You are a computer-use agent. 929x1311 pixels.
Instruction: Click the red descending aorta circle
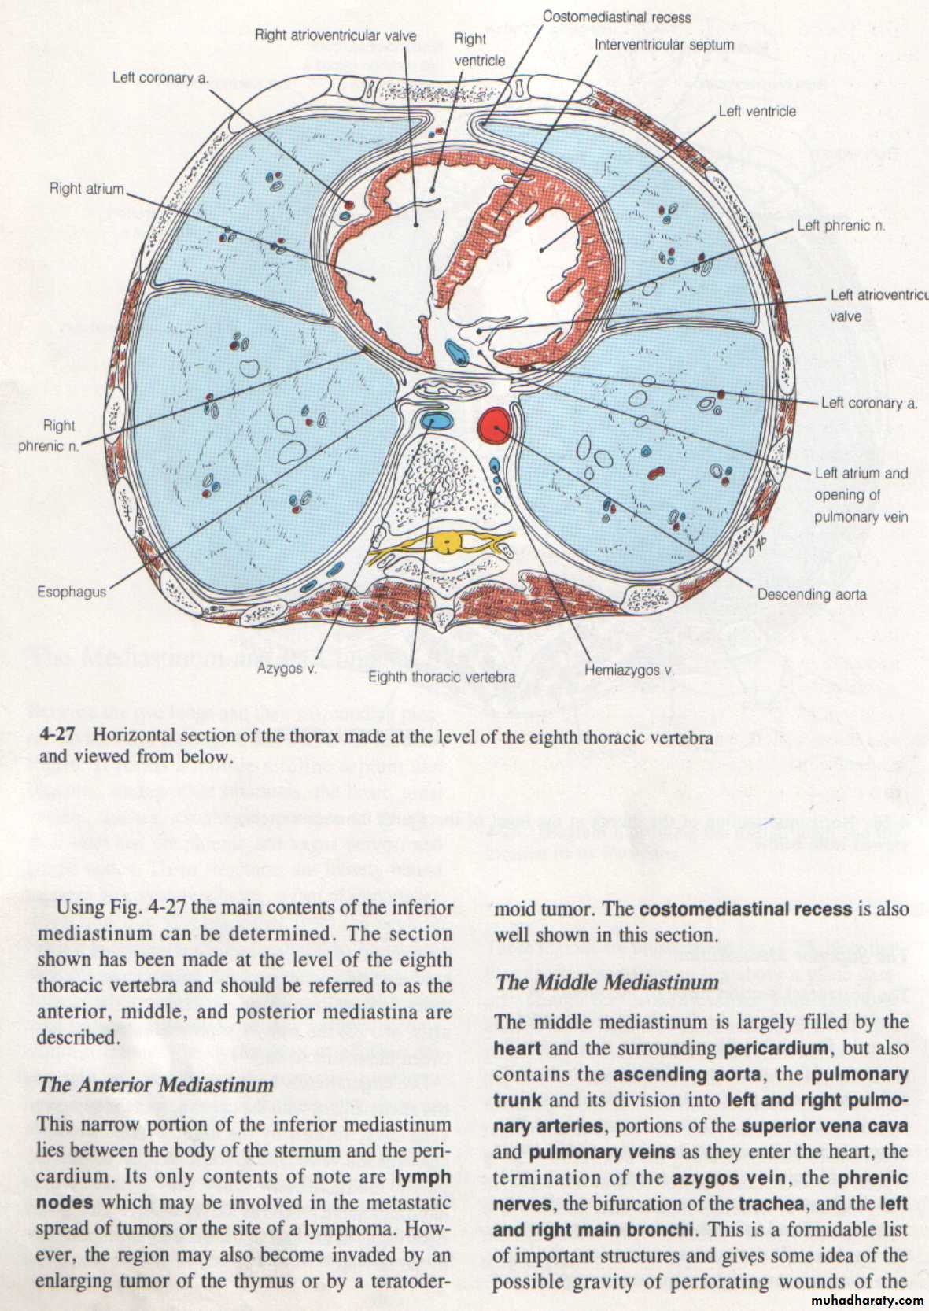click(494, 425)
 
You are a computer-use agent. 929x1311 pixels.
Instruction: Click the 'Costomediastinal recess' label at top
click(616, 17)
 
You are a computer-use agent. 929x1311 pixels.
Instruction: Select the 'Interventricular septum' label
click(664, 44)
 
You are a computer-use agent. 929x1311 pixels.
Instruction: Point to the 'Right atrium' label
click(87, 189)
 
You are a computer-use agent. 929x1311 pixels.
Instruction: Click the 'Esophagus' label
click(72, 591)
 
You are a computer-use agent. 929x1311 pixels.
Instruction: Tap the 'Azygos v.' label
click(287, 668)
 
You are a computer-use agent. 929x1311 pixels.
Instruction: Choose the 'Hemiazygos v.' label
click(629, 670)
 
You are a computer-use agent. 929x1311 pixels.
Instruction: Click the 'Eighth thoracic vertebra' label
click(441, 676)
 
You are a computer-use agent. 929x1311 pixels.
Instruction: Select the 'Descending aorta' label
click(811, 594)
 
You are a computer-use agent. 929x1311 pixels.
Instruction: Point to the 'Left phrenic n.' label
click(841, 225)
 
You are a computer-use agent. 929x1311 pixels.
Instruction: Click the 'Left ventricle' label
click(757, 112)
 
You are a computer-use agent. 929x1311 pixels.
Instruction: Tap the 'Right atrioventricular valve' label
click(335, 35)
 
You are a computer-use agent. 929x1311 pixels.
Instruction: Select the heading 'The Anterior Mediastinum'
click(155, 1084)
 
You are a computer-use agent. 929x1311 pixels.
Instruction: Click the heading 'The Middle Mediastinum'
click(607, 982)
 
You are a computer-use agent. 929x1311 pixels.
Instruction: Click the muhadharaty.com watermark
click(860, 1299)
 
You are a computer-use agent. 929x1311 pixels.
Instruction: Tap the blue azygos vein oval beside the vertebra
click(437, 420)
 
